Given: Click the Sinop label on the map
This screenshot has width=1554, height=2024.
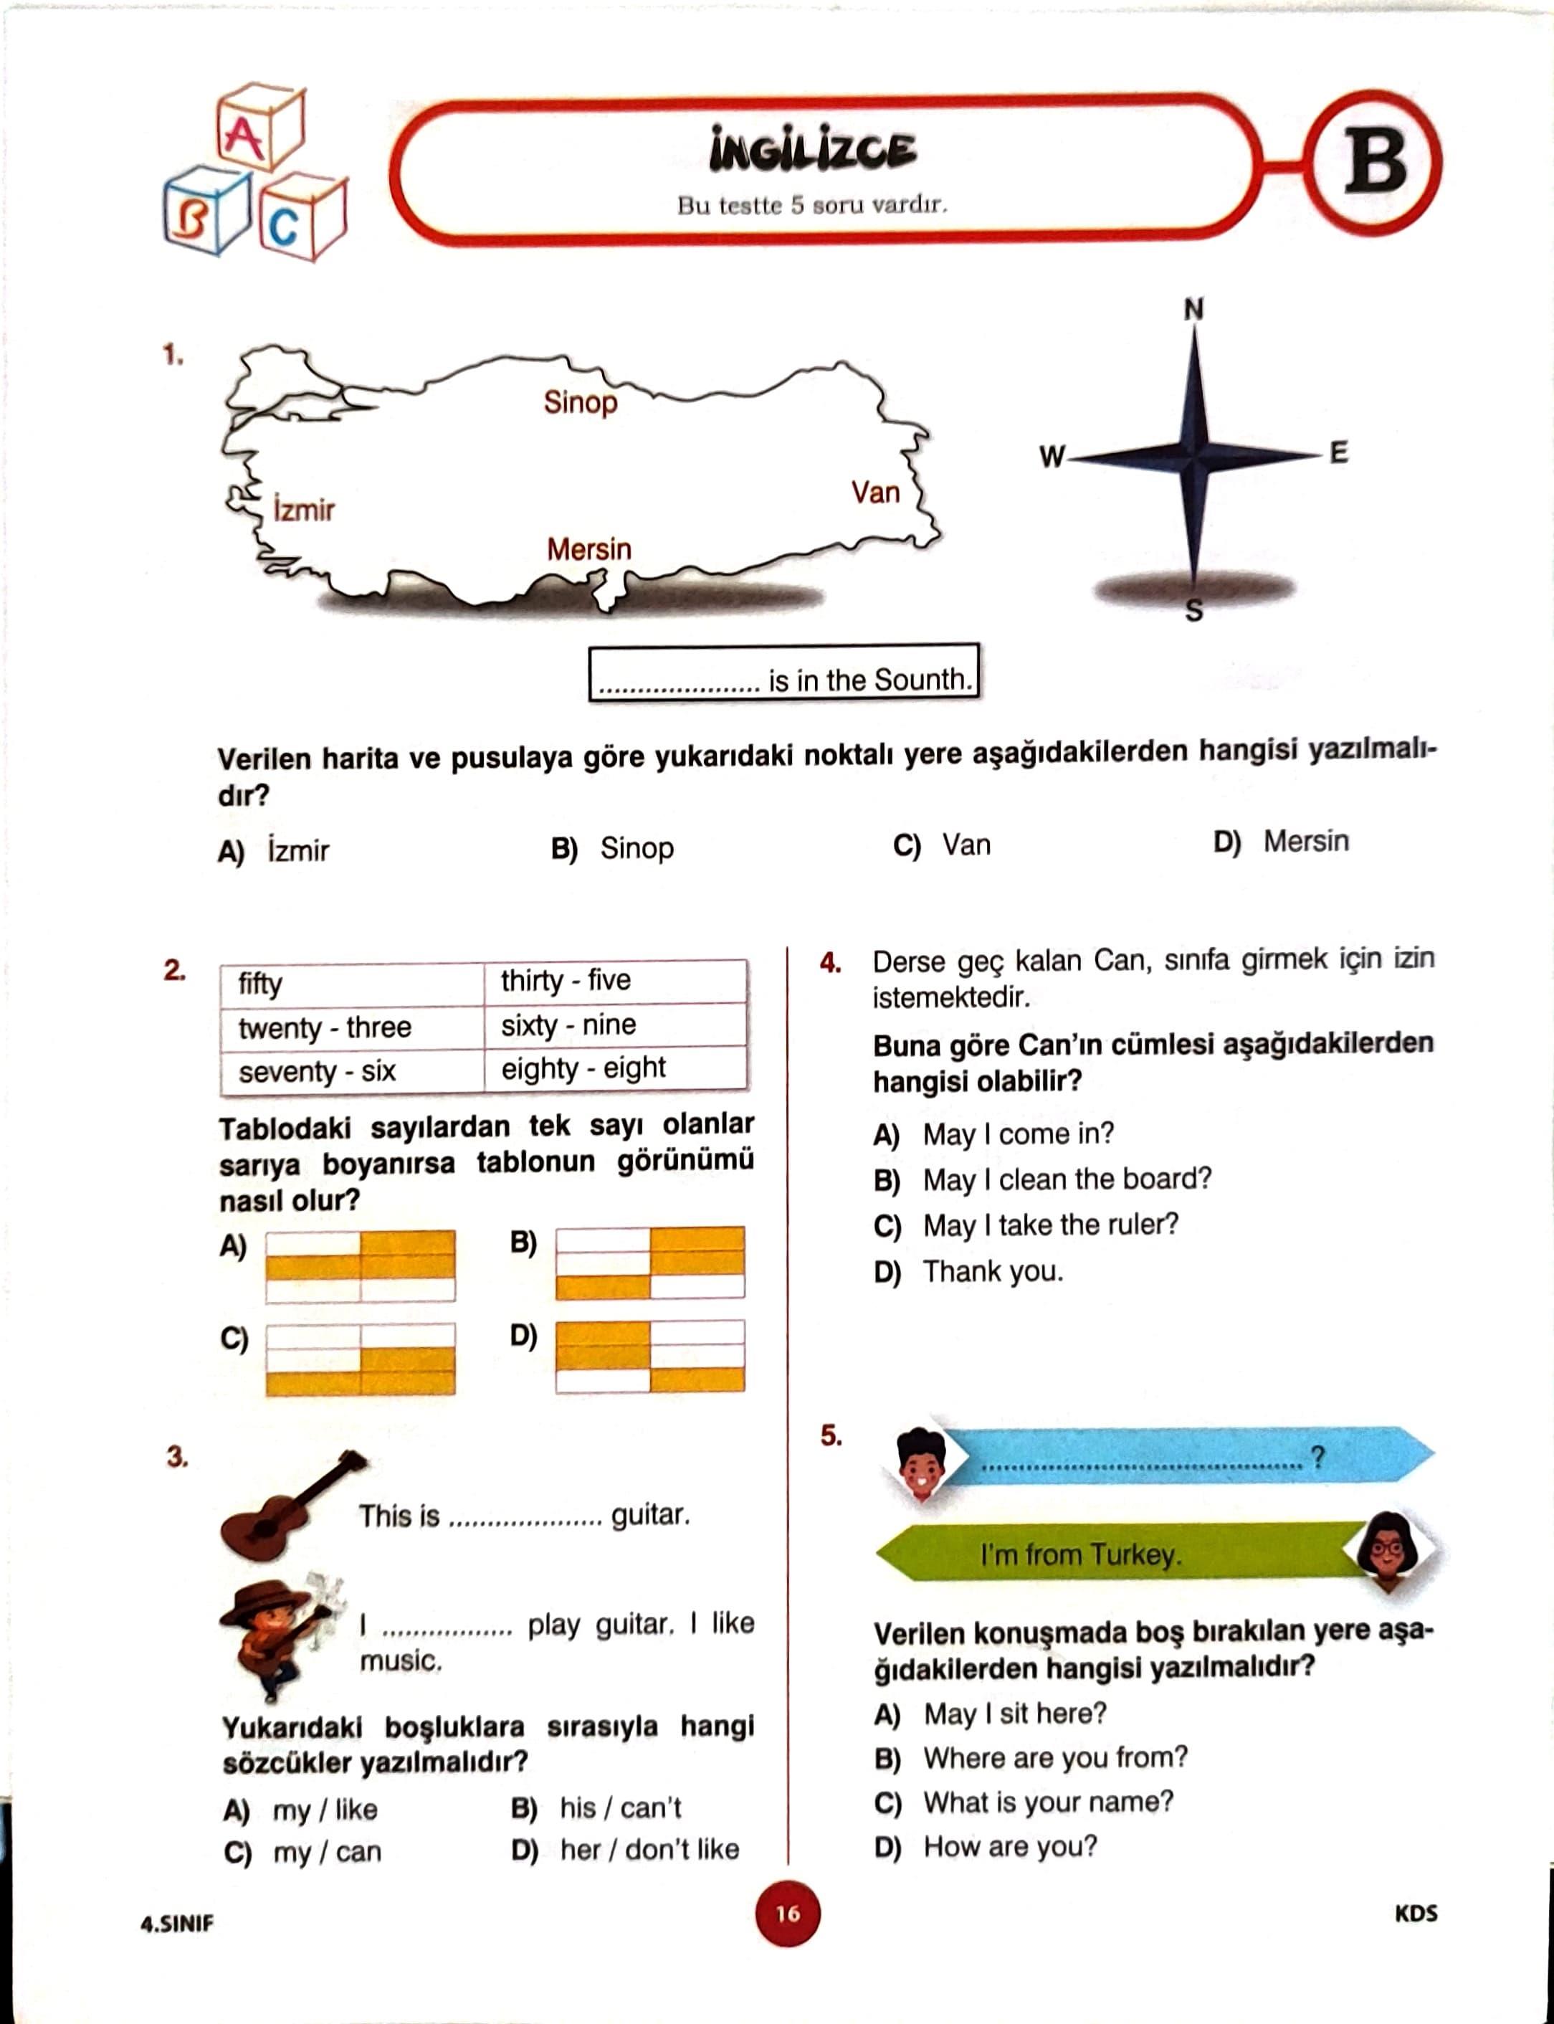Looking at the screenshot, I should coord(580,402).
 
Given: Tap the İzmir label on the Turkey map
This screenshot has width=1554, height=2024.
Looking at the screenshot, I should coord(303,509).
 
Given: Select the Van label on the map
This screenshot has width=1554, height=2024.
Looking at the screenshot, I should coord(875,492).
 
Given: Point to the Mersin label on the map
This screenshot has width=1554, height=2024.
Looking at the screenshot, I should coord(589,549).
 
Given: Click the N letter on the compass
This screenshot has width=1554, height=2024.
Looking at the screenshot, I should coord(1193,310).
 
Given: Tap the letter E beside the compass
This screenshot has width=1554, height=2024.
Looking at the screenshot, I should coord(1338,452).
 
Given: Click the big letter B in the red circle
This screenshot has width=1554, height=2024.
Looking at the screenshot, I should coord(1376,162).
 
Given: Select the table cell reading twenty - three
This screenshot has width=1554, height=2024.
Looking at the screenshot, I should coord(325,1027).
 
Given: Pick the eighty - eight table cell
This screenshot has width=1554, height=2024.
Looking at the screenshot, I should coord(583,1068).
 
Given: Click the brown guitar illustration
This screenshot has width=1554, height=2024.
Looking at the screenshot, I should coord(290,1505).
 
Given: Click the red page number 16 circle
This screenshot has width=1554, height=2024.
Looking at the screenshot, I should coord(787,1914).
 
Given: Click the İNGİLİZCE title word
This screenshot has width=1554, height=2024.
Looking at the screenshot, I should coord(812,151).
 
